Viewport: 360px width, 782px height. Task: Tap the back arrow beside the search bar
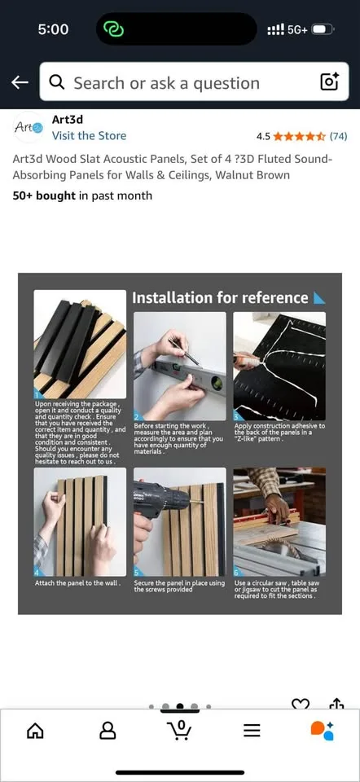[x=20, y=82]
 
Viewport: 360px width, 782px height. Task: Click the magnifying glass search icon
[x=57, y=82]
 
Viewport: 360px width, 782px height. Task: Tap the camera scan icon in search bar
[x=329, y=82]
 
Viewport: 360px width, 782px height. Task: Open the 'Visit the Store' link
[x=89, y=136]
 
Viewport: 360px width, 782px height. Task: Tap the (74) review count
[x=338, y=136]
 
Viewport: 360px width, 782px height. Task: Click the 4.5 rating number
[x=263, y=136]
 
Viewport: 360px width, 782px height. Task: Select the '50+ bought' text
[x=44, y=195]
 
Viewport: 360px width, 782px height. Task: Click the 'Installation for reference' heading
[x=220, y=298]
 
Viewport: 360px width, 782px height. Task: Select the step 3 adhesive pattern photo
[x=279, y=366]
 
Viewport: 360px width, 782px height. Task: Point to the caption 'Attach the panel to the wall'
[x=77, y=583]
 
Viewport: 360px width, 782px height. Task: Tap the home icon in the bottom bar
[x=36, y=731]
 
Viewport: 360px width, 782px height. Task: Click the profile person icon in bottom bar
[x=108, y=731]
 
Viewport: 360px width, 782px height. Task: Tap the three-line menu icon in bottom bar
[x=252, y=731]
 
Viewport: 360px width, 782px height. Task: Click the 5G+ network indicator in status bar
[x=296, y=29]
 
